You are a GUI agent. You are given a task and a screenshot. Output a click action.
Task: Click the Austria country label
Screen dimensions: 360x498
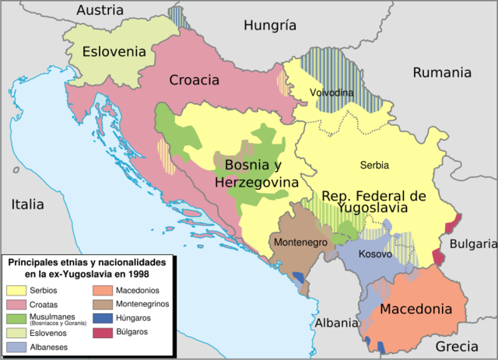tap(100, 10)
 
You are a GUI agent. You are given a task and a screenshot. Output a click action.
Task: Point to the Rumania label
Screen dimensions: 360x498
tap(442, 72)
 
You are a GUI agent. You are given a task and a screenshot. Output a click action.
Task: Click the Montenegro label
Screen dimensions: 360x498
tap(300, 241)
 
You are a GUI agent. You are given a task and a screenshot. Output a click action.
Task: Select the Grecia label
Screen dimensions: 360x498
tap(457, 346)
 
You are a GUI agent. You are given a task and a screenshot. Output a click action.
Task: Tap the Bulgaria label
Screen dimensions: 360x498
tap(472, 243)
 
